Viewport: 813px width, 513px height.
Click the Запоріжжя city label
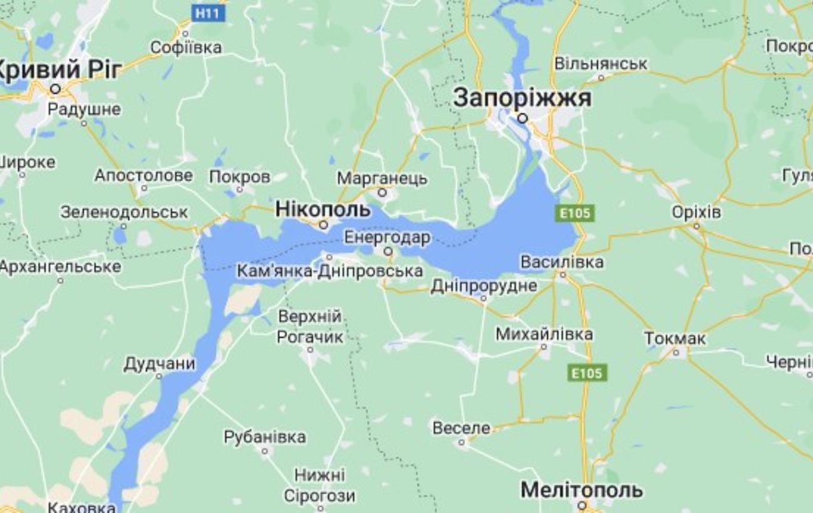point(522,98)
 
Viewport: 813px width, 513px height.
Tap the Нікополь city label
point(323,208)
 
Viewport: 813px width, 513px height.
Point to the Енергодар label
point(387,238)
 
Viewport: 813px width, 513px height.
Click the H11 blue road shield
point(208,13)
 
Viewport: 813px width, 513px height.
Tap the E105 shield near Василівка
point(574,213)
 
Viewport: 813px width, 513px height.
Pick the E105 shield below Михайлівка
point(587,373)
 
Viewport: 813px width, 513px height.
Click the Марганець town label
point(382,178)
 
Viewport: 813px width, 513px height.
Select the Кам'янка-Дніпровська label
point(330,272)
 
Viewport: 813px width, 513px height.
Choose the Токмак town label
point(675,338)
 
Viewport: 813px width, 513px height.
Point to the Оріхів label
point(696,212)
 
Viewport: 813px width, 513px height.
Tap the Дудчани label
point(159,363)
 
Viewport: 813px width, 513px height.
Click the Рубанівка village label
point(265,437)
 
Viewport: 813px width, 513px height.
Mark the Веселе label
point(462,429)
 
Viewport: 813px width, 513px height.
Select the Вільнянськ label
point(600,64)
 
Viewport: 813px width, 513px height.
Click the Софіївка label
point(186,48)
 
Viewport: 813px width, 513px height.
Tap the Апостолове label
point(143,176)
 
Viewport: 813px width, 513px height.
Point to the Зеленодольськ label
point(124,212)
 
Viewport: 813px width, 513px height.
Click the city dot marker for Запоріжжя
point(522,118)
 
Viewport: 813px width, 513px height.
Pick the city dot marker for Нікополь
point(323,225)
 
